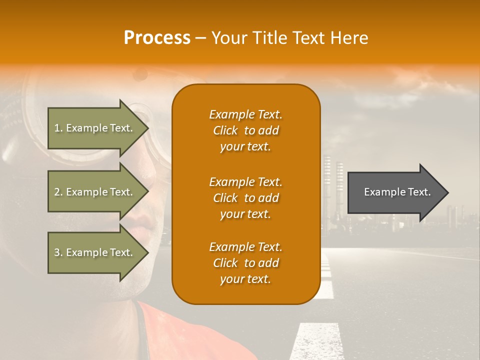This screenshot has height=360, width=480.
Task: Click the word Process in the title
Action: click(157, 38)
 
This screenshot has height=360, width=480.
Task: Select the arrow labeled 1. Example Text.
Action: click(95, 128)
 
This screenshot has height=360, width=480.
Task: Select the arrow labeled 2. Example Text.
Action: click(95, 192)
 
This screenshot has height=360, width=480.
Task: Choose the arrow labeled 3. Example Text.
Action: click(95, 252)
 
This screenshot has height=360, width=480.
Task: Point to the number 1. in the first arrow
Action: click(58, 128)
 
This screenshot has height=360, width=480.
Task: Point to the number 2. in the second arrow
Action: click(58, 192)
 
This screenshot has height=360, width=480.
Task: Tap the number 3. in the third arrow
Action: click(58, 252)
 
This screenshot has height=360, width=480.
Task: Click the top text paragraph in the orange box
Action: click(245, 130)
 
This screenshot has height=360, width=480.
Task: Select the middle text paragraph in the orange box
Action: click(245, 198)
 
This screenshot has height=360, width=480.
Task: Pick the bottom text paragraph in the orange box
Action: click(245, 263)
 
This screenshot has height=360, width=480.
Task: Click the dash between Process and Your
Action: click(200, 38)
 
